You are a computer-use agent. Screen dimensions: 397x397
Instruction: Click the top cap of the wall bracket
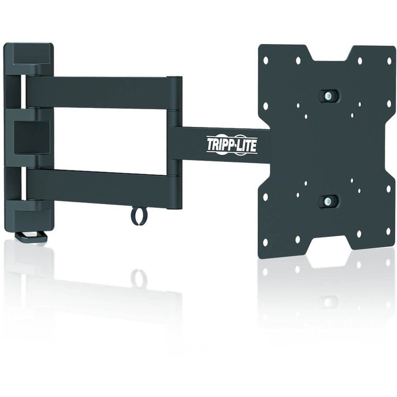click(29, 55)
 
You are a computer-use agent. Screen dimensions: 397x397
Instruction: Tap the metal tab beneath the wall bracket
click(32, 237)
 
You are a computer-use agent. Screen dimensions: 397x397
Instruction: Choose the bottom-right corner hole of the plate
click(388, 230)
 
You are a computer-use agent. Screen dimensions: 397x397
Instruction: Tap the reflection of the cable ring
click(139, 278)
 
